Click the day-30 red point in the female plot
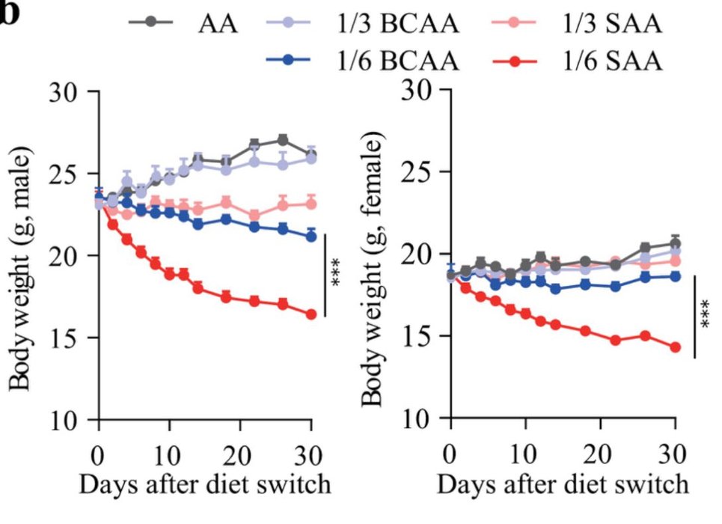675,347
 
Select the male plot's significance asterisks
337,275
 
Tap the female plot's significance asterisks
706,316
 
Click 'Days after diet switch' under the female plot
563,484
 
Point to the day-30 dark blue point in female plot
675,275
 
